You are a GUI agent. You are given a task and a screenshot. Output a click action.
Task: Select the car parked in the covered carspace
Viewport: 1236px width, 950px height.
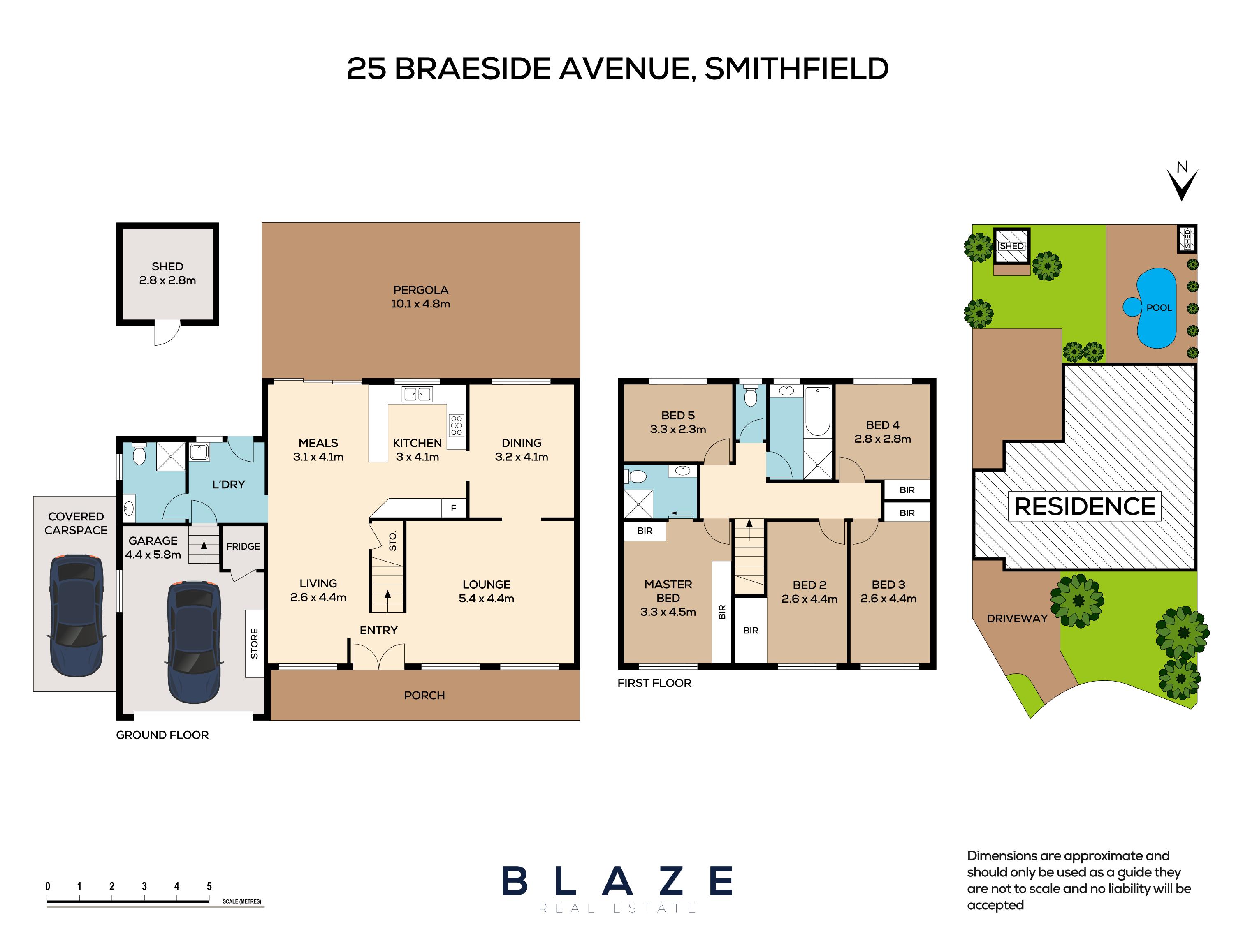coord(77,616)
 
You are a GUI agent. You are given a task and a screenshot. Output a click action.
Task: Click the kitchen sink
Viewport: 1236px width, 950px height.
coord(417,393)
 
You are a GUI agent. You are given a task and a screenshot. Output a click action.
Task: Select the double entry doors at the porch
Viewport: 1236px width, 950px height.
coord(378,658)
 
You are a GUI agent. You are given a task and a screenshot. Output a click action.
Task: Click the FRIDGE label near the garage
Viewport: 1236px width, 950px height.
coord(243,546)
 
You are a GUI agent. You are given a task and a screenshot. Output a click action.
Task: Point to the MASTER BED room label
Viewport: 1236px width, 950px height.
coord(668,591)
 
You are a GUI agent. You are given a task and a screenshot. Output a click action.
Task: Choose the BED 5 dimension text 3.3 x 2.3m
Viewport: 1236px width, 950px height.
coord(678,429)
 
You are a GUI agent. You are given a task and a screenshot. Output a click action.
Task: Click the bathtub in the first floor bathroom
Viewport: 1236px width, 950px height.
coord(817,411)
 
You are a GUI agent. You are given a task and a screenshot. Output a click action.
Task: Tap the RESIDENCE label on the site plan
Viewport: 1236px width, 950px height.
coord(1084,506)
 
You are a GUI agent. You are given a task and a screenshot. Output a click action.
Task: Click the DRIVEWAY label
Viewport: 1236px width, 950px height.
coord(1017,619)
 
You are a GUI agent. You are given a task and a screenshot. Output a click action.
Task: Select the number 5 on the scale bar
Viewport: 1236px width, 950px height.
coord(209,886)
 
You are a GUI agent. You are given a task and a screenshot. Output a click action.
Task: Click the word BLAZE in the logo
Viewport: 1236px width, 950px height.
coord(617,881)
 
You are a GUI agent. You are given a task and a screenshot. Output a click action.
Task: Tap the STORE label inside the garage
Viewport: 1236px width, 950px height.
coord(255,643)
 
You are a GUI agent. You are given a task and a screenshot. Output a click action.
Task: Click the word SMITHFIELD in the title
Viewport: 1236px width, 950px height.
coord(796,69)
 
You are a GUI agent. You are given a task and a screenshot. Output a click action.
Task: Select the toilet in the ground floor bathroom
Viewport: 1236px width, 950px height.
coord(139,454)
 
